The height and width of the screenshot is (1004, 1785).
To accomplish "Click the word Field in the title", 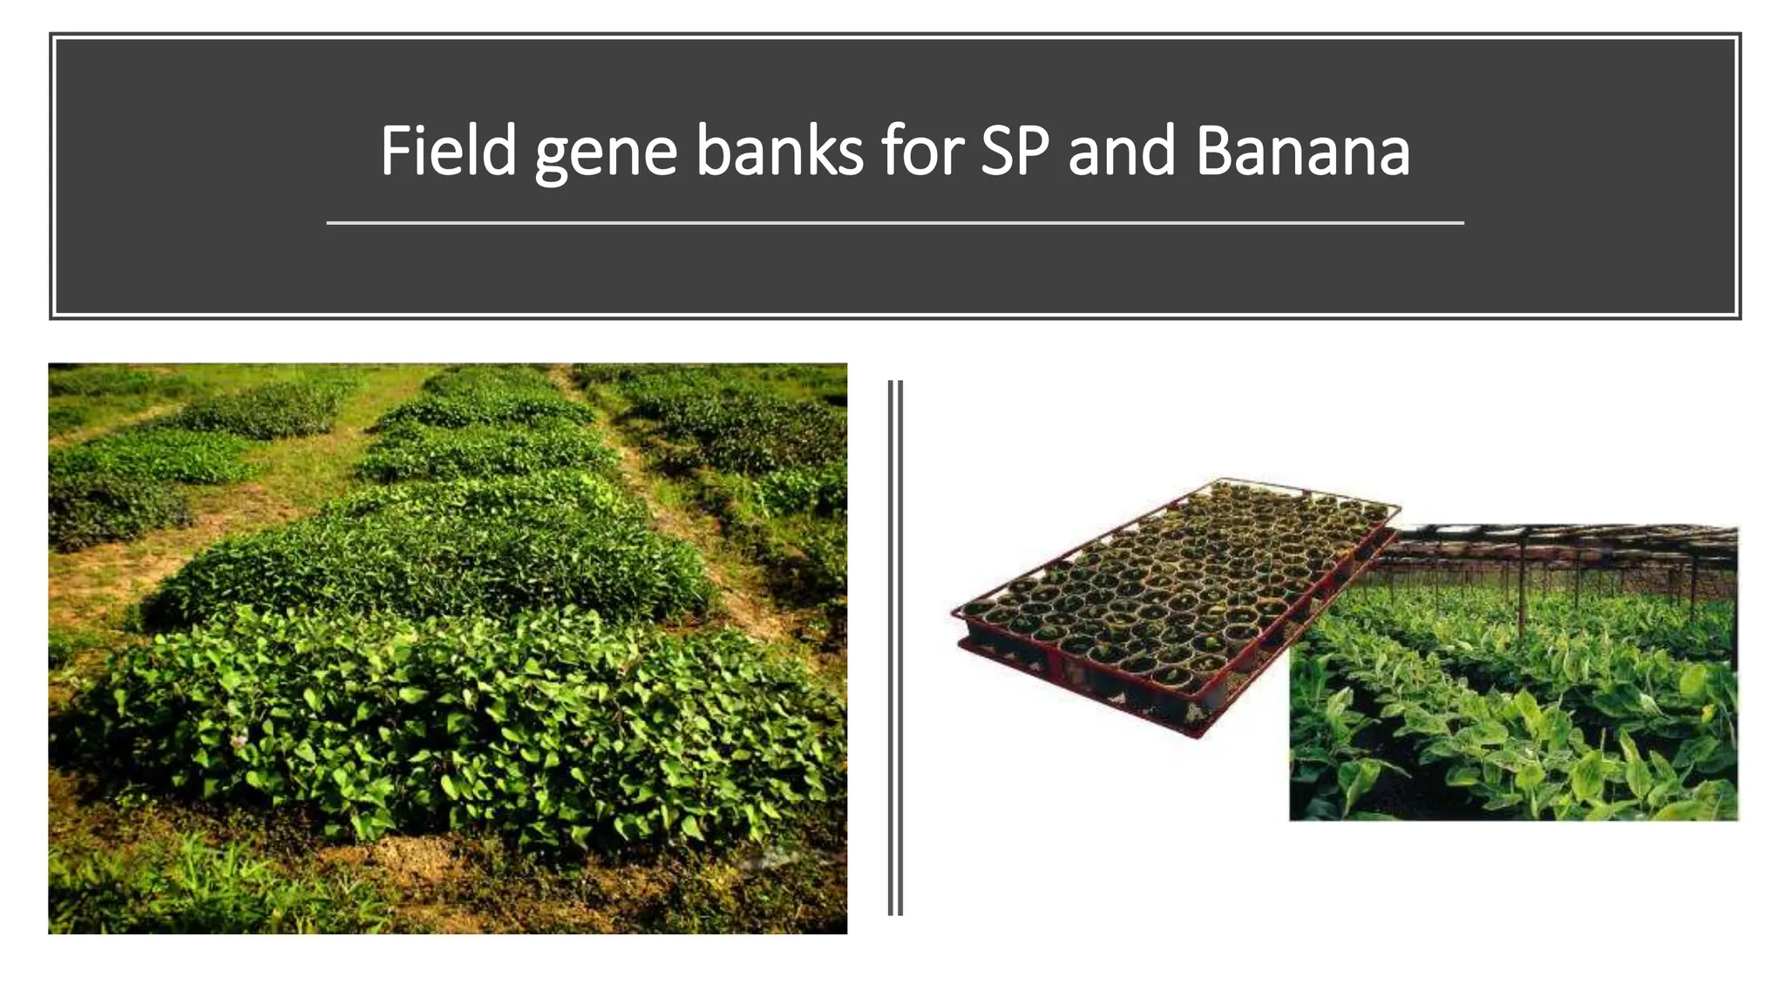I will pos(448,151).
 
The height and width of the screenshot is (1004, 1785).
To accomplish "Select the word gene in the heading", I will pos(606,153).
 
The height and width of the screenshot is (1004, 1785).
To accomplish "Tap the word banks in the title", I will pos(779,151).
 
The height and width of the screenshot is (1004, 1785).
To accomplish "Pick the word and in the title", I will pos(1122,151).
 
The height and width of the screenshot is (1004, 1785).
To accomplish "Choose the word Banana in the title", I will pos(1302,151).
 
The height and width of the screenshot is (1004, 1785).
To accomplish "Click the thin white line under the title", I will pos(894,223).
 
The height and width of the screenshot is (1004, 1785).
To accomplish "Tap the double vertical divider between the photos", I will pos(895,647).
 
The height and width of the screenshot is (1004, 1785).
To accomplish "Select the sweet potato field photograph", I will pos(447,648).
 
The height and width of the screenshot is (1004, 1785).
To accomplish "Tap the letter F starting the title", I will pos(394,151).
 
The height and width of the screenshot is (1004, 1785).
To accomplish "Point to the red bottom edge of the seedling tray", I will pos(1089,689).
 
